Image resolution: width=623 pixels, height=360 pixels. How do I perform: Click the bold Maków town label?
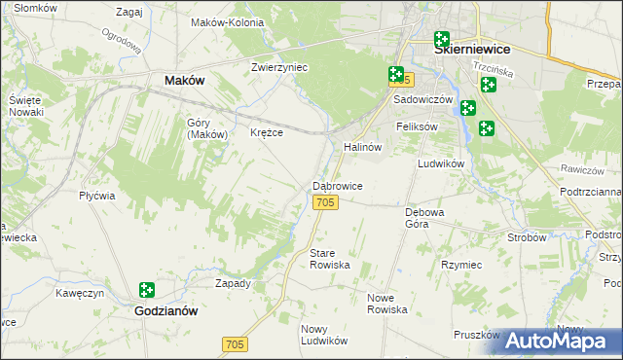pos(185,81)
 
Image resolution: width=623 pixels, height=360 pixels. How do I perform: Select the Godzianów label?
pos(165,311)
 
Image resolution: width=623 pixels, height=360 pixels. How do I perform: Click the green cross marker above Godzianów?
pos(146,290)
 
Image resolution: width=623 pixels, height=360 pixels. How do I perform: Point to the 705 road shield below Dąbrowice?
pos(326,201)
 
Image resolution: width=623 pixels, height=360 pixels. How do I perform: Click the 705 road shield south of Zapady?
pos(235,344)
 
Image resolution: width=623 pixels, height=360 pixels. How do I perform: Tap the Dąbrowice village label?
pos(338,185)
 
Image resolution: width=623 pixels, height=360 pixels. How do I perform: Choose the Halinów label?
pos(361,146)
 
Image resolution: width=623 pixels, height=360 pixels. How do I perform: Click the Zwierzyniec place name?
pos(279,68)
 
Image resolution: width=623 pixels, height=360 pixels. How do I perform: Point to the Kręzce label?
pos(267,132)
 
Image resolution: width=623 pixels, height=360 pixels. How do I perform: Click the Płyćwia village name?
pos(97,196)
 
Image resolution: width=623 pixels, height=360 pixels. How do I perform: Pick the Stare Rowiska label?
pos(329,259)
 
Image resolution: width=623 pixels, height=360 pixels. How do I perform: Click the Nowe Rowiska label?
pos(386,303)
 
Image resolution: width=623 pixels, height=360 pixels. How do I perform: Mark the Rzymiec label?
pos(461,264)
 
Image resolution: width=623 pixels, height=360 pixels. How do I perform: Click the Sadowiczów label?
pos(423,100)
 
